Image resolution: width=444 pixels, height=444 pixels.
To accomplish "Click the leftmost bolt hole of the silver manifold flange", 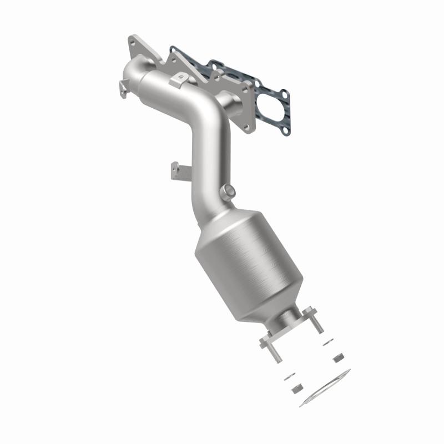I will (132, 42).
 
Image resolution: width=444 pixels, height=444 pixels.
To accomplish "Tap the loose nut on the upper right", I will (337, 359).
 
